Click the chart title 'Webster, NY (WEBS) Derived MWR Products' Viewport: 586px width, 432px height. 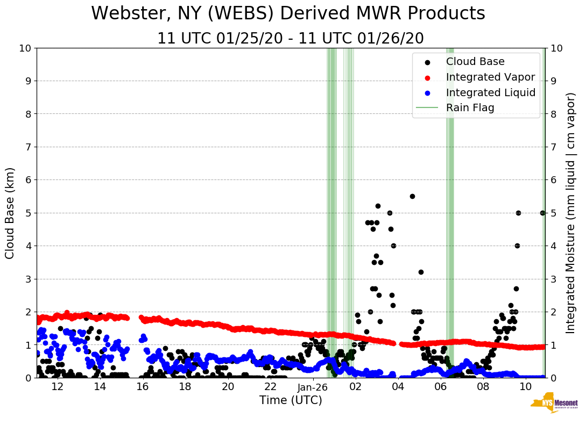[x=288, y=13]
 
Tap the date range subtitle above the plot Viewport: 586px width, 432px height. [x=290, y=39]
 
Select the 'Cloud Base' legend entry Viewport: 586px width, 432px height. [x=475, y=62]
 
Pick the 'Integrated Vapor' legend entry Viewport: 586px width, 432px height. [x=490, y=77]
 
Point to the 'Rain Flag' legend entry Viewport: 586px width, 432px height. [x=470, y=107]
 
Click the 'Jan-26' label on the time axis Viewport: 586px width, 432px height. [x=313, y=387]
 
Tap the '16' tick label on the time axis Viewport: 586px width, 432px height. [x=142, y=387]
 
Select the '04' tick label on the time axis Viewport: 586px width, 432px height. [x=398, y=387]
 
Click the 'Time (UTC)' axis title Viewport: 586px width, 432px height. [x=291, y=400]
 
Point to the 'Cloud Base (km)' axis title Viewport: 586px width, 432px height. [x=10, y=213]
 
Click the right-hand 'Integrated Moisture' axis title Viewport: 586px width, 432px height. [x=570, y=213]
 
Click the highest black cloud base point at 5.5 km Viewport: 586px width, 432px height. [x=412, y=196]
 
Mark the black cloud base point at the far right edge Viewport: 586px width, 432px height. [x=542, y=213]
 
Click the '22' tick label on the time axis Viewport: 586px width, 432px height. [x=270, y=387]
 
